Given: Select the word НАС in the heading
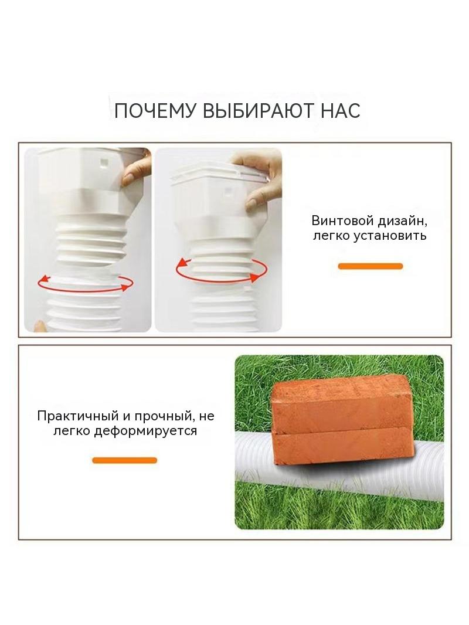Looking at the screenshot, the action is pos(341,111).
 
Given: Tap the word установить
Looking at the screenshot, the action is pos(390,236).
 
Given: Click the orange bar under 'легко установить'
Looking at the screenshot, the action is pos(370,266).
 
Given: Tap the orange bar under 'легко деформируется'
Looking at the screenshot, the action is pos(124,460).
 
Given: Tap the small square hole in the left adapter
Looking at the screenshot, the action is pos(104,162).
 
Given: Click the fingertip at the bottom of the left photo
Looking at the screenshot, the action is pos(39,325).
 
